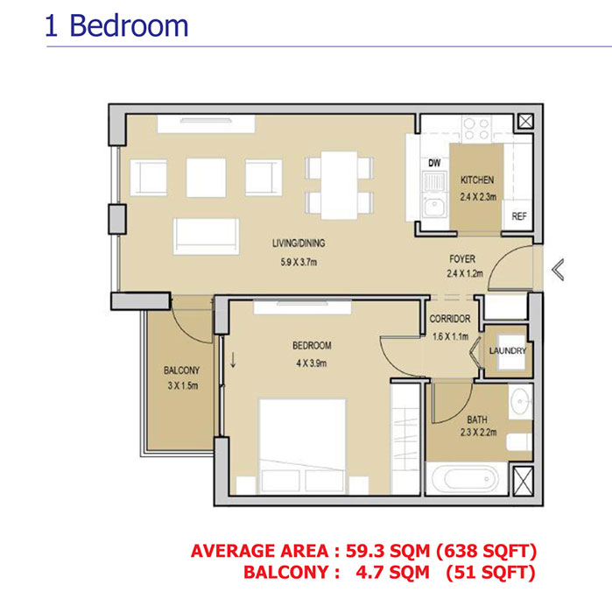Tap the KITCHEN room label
click(x=478, y=180)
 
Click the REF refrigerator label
click(x=518, y=216)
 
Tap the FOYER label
click(x=462, y=259)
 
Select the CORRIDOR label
click(x=451, y=319)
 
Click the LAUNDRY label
click(x=508, y=351)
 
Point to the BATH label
click(x=476, y=419)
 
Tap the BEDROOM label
click(x=312, y=345)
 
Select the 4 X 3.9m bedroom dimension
click(x=312, y=361)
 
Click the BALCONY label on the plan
click(x=182, y=370)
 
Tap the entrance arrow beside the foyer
click(x=558, y=271)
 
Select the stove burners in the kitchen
click(x=476, y=130)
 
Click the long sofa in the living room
click(x=206, y=235)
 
